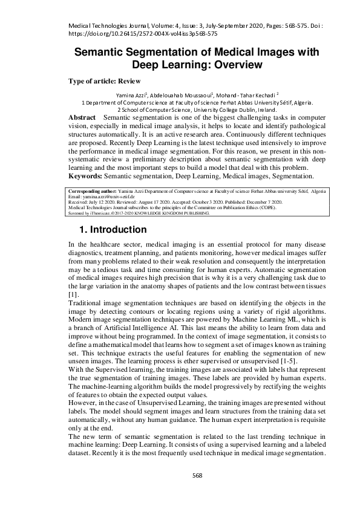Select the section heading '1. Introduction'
(x=121, y=230)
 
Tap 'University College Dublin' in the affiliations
(x=209, y=110)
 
